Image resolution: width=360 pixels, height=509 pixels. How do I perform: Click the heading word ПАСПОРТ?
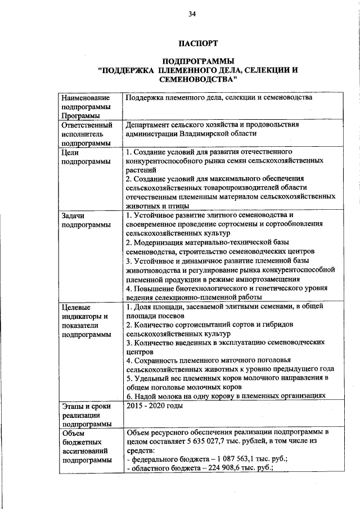197,43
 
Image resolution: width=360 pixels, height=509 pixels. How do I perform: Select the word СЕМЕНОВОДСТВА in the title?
197,80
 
